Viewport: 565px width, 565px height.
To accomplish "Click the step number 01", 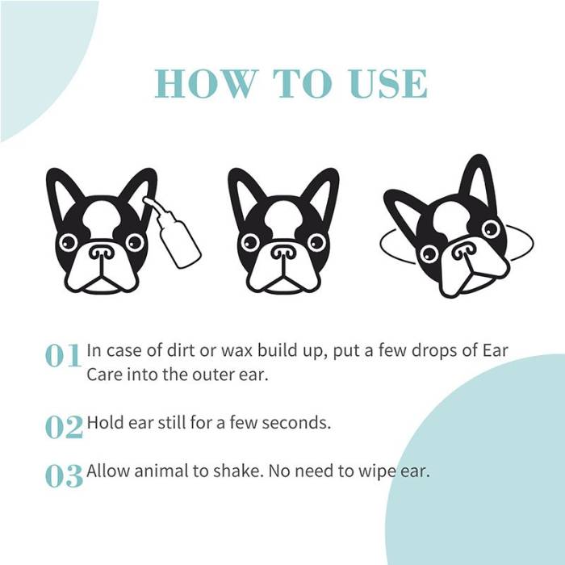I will pos(64,356).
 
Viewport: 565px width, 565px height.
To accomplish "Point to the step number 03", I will pos(64,475).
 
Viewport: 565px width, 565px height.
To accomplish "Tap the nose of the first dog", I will pos(102,253).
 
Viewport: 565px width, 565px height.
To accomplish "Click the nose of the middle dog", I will pos(283,253).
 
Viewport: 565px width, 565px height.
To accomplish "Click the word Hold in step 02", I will pos(103,422).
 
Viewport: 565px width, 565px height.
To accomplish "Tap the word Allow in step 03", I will pos(107,471).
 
